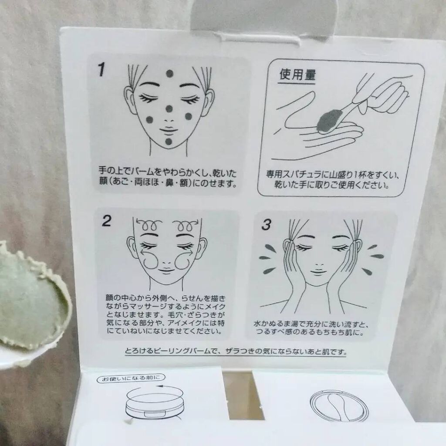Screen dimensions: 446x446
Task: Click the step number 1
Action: [x=101, y=70]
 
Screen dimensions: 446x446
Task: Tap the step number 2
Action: [x=106, y=221]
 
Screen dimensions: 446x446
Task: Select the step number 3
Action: [x=266, y=225]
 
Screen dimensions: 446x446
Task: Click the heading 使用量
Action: [x=297, y=74]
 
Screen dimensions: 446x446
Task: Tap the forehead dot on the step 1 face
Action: [x=169, y=74]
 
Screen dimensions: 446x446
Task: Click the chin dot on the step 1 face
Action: [x=169, y=142]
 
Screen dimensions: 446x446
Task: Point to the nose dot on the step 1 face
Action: [x=169, y=108]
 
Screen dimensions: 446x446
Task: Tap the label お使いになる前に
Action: [x=131, y=378]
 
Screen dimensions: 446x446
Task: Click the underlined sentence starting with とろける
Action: [x=236, y=351]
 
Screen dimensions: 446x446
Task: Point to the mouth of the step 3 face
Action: [x=318, y=271]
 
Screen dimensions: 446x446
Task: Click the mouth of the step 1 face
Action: [x=169, y=131]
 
